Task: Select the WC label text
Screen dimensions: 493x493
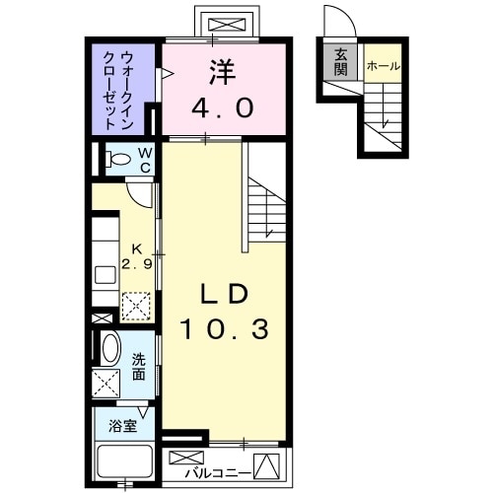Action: (x=144, y=158)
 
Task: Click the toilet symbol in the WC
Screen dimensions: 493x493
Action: (x=119, y=159)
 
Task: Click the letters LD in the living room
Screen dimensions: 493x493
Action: (x=223, y=294)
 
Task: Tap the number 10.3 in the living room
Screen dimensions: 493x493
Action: (x=223, y=328)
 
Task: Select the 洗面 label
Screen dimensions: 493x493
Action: (x=139, y=367)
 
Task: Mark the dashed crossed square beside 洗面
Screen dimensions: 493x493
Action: (x=106, y=382)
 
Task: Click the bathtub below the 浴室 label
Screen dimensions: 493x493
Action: (x=123, y=462)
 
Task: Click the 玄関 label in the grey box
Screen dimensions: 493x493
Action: (x=340, y=62)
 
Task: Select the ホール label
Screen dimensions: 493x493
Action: (x=383, y=65)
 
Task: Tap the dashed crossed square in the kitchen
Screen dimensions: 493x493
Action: (x=136, y=306)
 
